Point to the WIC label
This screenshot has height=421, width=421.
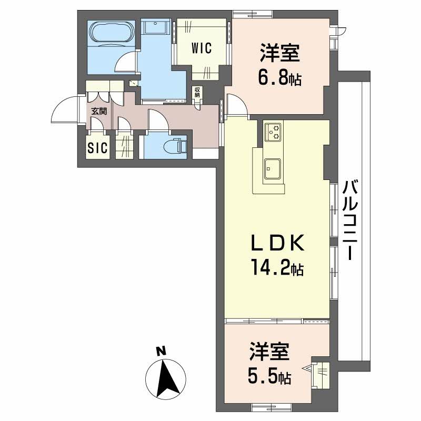click(201, 48)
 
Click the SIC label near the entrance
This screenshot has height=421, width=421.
click(97, 148)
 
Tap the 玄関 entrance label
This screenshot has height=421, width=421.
click(98, 111)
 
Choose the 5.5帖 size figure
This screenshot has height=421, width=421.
click(269, 376)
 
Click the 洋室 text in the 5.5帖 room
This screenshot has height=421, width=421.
click(269, 352)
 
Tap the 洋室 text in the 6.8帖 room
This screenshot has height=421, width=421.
click(279, 55)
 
